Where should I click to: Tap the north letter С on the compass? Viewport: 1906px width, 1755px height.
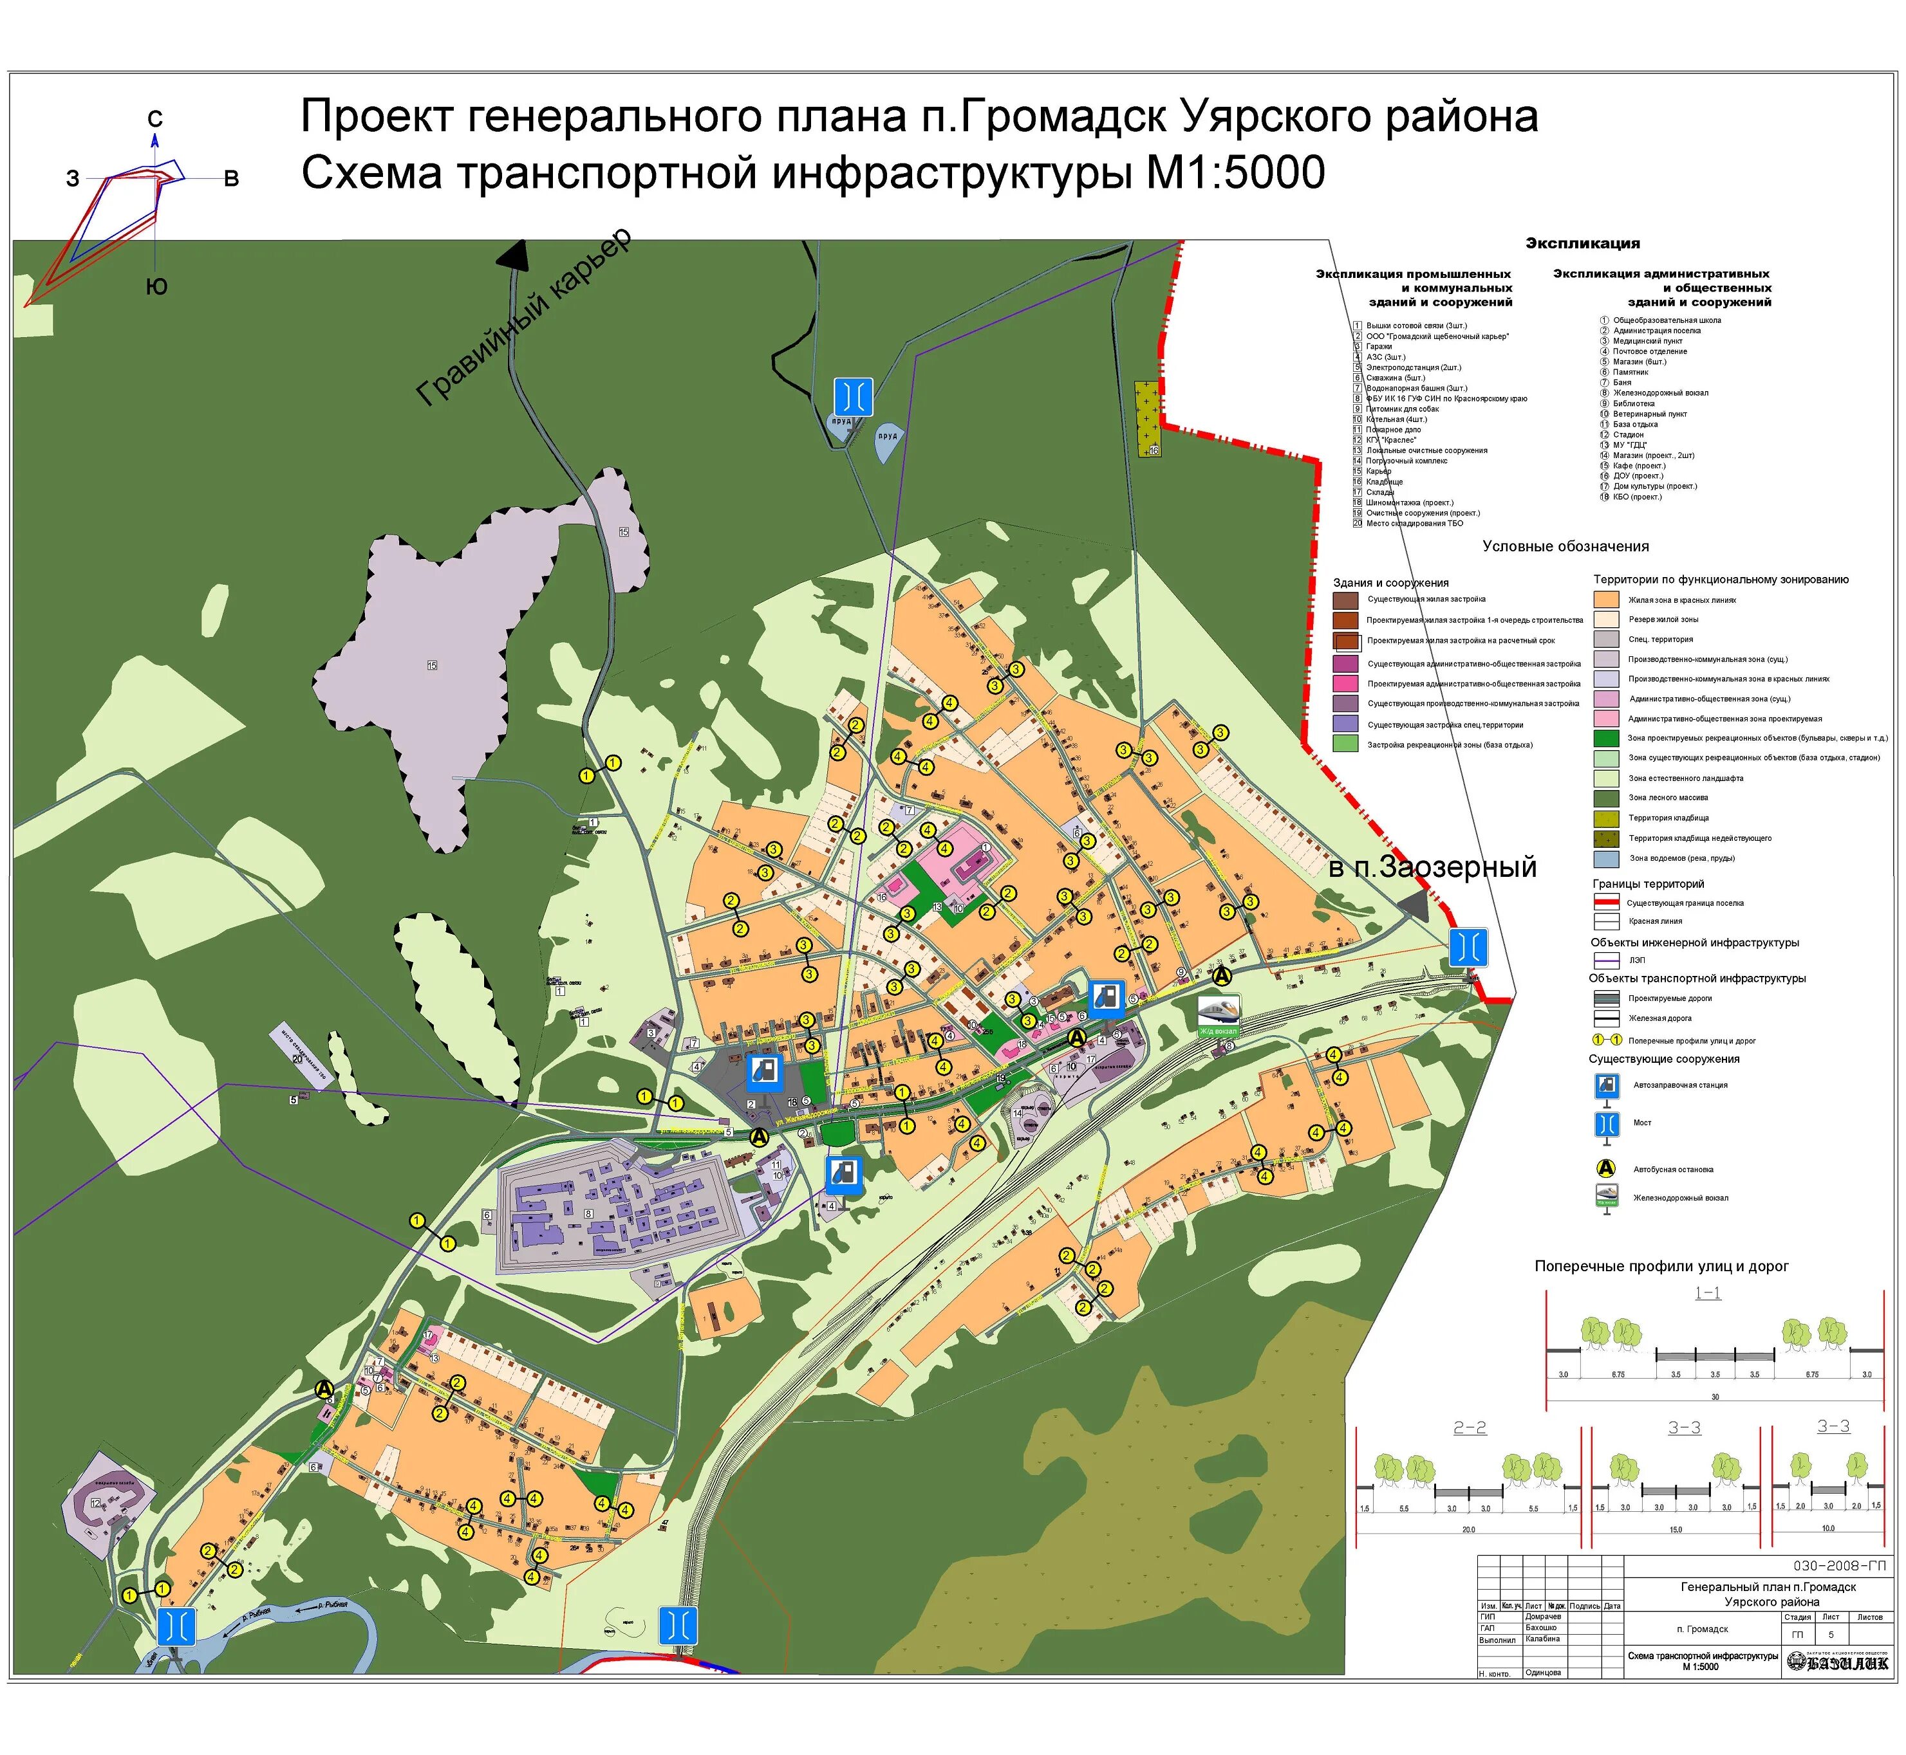[x=155, y=119]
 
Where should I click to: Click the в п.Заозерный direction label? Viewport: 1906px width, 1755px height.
[x=1432, y=867]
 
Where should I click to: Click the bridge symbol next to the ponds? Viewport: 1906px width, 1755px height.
[x=852, y=396]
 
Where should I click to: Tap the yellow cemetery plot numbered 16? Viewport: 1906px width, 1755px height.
[x=1148, y=418]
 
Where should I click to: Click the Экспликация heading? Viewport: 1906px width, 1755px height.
[x=1582, y=243]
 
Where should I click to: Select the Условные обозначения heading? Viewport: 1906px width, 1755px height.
[x=1565, y=546]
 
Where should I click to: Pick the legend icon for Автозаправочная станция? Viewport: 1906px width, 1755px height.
[x=1606, y=1085]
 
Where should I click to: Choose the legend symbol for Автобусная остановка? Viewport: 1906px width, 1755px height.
[x=1606, y=1169]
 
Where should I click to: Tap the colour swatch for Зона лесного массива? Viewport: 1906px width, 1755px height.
[x=1606, y=798]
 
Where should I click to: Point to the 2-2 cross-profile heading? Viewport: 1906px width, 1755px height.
[x=1469, y=1428]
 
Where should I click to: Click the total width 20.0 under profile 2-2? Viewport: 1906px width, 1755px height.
[x=1468, y=1529]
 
